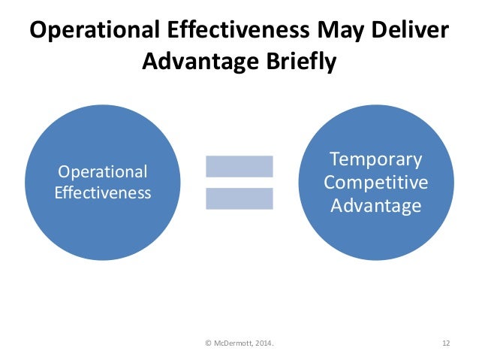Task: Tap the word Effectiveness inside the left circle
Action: coord(104,192)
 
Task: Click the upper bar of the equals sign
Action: coord(239,165)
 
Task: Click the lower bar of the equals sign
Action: coord(239,198)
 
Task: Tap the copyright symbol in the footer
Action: coord(208,343)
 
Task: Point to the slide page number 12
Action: coord(445,343)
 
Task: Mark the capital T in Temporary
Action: coord(336,159)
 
